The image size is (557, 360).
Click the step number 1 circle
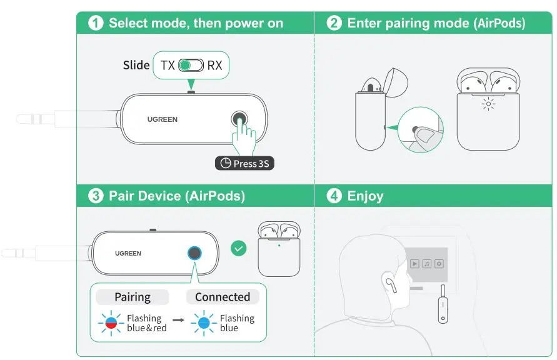click(96, 23)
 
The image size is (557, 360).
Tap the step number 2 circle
click(334, 23)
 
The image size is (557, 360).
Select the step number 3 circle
click(96, 196)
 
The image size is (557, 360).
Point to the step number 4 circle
click(334, 196)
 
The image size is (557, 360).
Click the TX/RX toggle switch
click(191, 65)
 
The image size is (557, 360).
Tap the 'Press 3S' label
click(245, 164)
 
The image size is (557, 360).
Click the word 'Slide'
click(136, 65)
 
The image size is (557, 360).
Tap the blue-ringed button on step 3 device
click(195, 253)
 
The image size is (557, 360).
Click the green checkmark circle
click(238, 248)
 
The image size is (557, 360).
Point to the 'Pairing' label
click(133, 297)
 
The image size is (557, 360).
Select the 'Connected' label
click(222, 297)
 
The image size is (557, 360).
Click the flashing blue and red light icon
click(109, 323)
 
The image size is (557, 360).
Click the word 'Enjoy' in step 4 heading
click(365, 196)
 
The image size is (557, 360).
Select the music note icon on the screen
click(426, 264)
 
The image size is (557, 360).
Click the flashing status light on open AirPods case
click(488, 104)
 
